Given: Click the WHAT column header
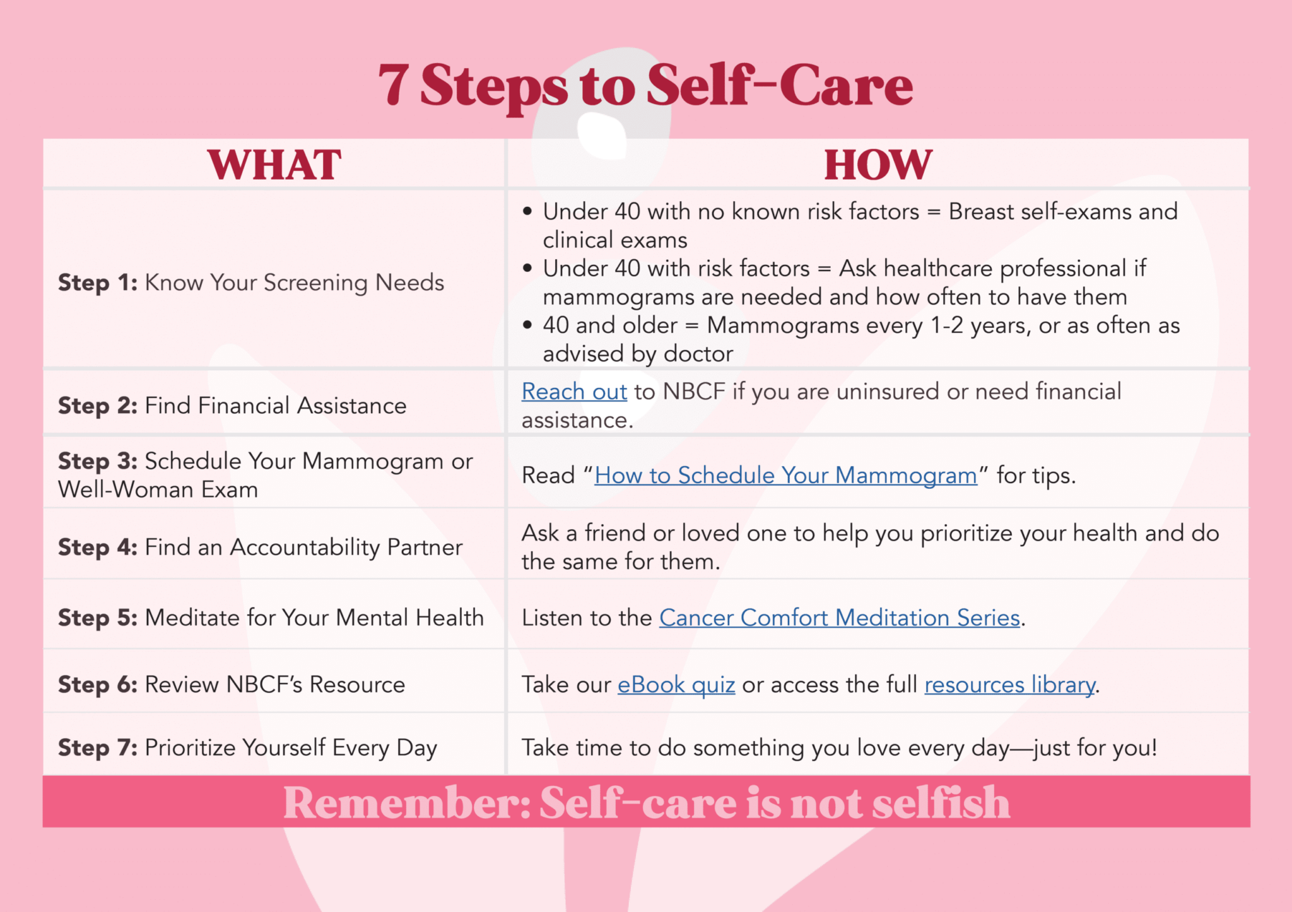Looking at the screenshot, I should pos(274,165).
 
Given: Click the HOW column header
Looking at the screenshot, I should pos(878,165).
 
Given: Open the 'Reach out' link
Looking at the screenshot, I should pos(574,392).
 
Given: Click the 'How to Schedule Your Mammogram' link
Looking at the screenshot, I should pos(785,476).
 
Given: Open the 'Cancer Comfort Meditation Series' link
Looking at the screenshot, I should pos(840,618).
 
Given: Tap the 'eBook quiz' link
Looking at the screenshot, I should pos(676,685).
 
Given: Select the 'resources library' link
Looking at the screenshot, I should pos(1009,685).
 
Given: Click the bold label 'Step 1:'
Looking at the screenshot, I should pos(98,283).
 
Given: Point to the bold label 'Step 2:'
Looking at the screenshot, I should pos(98,406).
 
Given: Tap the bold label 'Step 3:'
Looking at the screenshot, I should pos(98,462).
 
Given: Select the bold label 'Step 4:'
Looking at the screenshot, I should pos(98,547).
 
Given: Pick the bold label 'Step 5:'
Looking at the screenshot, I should pos(98,618).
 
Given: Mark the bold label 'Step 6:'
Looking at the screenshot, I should pos(98,685).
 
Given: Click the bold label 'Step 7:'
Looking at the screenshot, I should pos(98,748).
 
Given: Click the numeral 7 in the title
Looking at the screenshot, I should pos(394,85).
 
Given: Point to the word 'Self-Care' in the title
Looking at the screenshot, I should pos(780,85).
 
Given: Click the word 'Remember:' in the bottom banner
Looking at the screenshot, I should pos(408,803).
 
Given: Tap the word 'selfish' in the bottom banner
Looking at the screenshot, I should pos(941,803).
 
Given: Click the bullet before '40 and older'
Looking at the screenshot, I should pos(527,325).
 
